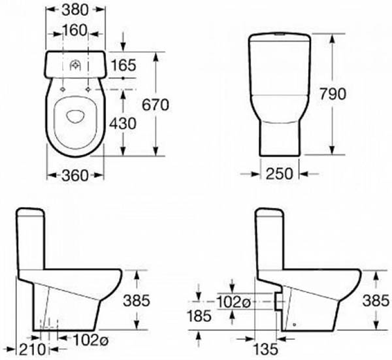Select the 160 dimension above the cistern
76,31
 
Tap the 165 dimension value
124,65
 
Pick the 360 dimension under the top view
75,175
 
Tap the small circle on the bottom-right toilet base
295,324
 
